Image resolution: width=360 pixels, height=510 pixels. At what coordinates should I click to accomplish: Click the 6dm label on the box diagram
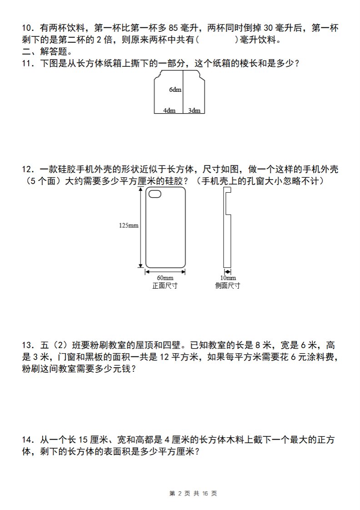click(175, 90)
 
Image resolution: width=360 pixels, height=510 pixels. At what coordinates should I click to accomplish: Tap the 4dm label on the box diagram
click(169, 110)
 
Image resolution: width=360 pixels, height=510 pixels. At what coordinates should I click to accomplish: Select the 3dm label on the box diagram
click(194, 110)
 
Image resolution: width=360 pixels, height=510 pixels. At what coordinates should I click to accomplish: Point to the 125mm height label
click(129, 225)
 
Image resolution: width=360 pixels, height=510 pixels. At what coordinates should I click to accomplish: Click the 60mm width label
click(165, 278)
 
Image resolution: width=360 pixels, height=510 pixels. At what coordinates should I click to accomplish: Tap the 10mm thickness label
click(228, 278)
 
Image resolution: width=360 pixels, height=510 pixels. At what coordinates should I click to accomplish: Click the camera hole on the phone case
click(155, 194)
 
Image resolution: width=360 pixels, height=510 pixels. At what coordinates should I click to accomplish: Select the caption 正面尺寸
click(165, 285)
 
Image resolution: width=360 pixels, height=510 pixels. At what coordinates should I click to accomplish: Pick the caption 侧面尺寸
click(228, 285)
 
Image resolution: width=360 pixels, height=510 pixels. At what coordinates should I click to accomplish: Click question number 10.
click(28, 28)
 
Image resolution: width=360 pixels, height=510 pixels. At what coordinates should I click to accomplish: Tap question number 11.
click(28, 63)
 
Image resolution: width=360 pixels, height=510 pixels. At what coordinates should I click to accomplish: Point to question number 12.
click(28, 169)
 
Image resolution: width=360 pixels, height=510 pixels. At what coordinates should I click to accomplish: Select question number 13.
click(28, 345)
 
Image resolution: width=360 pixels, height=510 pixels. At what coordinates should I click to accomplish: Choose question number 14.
click(28, 440)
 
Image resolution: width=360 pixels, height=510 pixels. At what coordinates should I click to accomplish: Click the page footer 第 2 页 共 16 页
click(193, 494)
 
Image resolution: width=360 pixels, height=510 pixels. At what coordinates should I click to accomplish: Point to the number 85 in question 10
click(173, 28)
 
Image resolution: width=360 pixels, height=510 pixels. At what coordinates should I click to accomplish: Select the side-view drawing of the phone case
click(227, 228)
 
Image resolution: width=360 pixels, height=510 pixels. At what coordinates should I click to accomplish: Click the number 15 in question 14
click(83, 440)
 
